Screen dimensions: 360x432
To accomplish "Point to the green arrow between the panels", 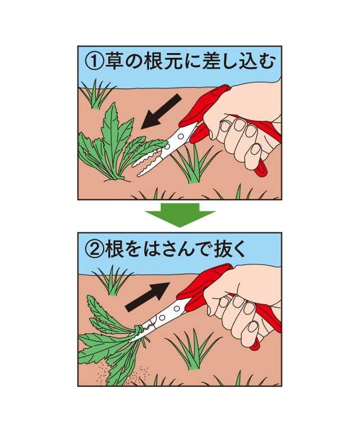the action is pos(180,215).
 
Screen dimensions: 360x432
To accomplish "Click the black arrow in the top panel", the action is pos(161,111).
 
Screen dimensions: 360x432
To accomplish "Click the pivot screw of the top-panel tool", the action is pos(181,136).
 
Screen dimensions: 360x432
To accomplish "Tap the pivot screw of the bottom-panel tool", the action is pos(177,307).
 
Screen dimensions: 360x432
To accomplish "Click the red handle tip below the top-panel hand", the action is pos(260,169).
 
